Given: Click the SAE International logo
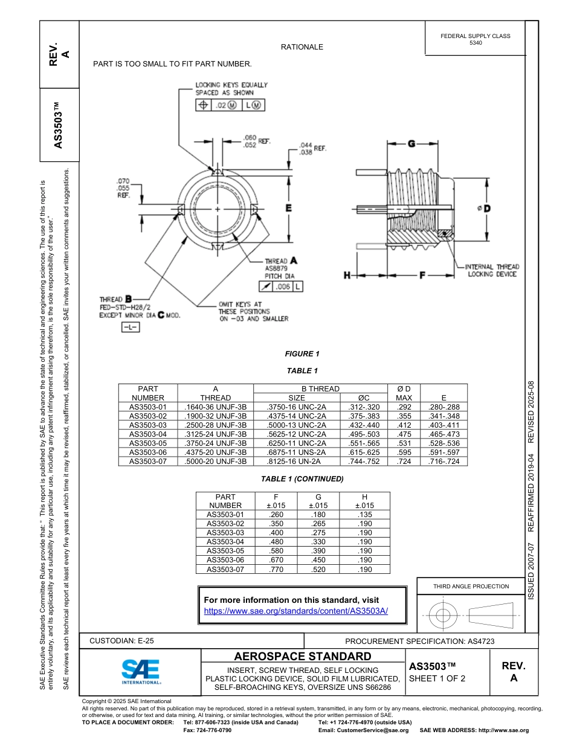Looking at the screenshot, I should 141,671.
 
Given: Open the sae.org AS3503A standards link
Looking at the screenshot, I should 296,611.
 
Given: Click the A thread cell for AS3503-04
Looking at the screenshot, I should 216,434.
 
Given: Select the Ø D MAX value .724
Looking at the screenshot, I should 404,462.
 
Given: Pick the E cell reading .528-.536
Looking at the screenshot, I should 443,443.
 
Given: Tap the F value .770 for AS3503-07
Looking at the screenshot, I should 276,569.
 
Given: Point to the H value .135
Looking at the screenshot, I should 364,515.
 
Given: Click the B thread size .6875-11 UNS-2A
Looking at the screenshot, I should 296,452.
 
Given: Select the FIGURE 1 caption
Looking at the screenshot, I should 302,354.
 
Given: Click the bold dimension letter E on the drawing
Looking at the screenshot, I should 289,208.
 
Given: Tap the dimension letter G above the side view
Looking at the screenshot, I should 410,144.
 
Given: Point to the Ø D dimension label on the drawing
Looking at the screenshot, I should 483,208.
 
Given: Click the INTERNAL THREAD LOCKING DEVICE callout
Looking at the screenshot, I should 492,270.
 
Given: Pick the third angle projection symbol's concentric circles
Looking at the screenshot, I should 443,616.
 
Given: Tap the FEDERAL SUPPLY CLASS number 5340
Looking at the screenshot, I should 476,43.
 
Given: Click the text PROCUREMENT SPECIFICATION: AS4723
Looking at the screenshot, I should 419,642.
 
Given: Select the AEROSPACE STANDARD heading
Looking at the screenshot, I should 303,657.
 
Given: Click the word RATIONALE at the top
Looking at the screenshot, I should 302,47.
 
